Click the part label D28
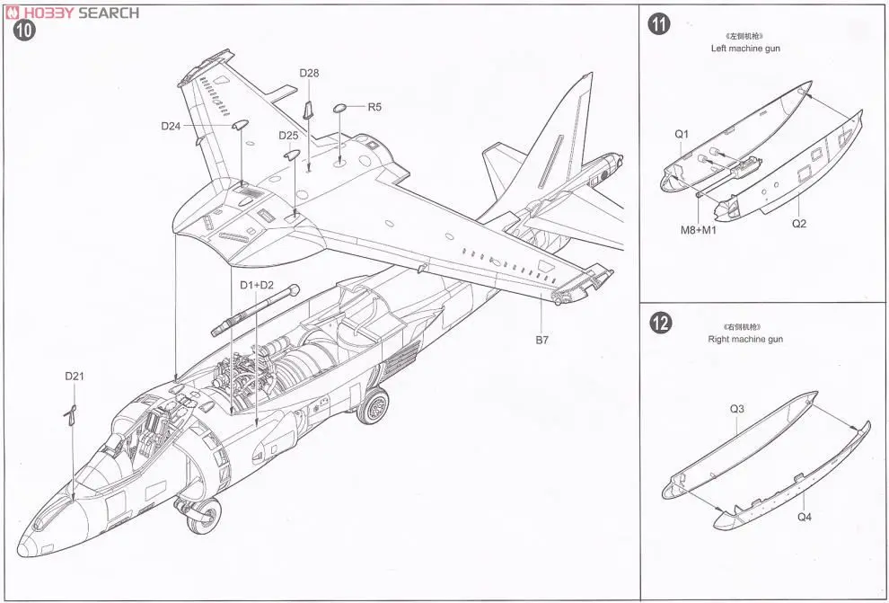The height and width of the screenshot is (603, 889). click(x=309, y=73)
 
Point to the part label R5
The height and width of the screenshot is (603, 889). click(x=374, y=107)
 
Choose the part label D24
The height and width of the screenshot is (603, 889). click(x=172, y=126)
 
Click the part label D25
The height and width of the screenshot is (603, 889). click(x=288, y=135)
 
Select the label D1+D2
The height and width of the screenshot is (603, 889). click(x=257, y=285)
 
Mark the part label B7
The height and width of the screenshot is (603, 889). click(x=541, y=340)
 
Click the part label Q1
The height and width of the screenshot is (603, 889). click(x=682, y=134)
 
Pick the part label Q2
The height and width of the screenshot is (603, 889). click(x=799, y=224)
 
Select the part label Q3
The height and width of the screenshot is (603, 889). click(x=736, y=409)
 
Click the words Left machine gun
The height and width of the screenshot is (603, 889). click(x=744, y=49)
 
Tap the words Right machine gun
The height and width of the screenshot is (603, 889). click(x=744, y=340)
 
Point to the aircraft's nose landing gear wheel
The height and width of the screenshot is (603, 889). click(x=208, y=515)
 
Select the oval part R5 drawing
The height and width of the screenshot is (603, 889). click(x=341, y=109)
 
